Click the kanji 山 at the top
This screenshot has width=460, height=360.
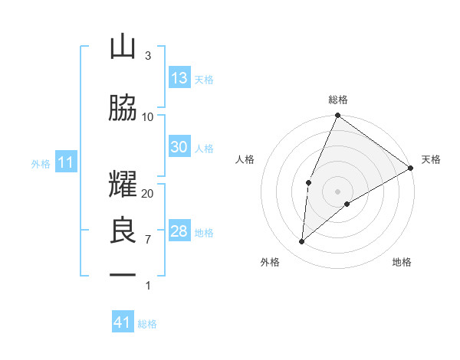[x=123, y=47]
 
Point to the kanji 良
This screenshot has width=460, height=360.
[x=123, y=232]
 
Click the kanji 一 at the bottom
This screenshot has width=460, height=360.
[x=123, y=274]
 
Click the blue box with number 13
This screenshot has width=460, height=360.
[x=179, y=78]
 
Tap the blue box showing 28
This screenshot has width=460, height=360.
[x=179, y=231]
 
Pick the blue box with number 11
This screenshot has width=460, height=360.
[x=65, y=162]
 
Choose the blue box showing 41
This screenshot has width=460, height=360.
[x=123, y=322]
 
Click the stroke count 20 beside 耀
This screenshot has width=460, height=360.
[x=148, y=194]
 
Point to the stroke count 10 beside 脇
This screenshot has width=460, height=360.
[x=148, y=117]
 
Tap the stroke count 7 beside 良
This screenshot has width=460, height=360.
[x=148, y=240]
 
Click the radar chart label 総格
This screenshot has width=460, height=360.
[x=338, y=100]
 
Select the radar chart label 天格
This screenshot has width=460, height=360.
[x=431, y=159]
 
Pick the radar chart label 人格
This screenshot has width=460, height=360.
[x=245, y=159]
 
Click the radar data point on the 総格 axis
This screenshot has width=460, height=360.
[x=337, y=116]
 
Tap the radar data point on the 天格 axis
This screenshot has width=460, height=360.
[x=411, y=167]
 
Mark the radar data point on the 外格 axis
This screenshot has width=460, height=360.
[x=302, y=242]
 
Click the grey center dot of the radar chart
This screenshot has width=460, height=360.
[x=337, y=191]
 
